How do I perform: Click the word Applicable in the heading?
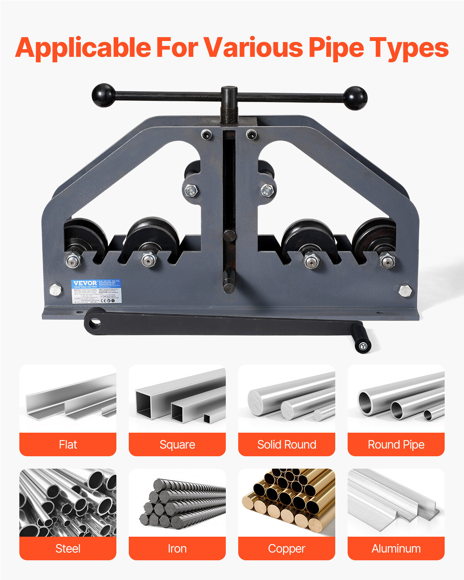83,48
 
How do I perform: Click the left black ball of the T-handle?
103,95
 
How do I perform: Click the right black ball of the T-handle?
355,98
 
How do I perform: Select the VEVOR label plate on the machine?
96,291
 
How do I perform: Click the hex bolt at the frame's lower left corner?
56,289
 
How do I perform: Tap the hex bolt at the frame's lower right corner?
405,290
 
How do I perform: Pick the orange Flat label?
68,444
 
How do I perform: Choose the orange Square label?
177,444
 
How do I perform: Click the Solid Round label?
287,444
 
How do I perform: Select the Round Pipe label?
396,444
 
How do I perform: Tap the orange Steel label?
68,548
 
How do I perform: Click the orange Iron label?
177,548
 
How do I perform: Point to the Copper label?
287,548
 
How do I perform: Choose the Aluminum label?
396,548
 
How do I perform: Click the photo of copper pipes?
287,502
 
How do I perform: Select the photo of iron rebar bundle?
177,502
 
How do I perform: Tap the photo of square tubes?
177,398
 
